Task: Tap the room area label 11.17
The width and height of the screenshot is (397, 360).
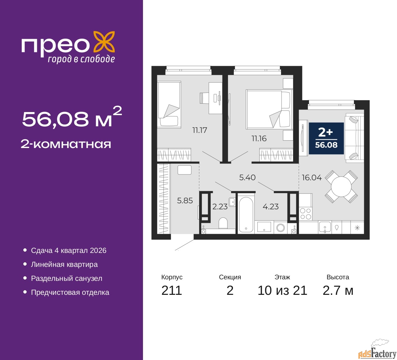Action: point(199,130)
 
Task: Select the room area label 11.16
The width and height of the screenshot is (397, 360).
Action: point(259,138)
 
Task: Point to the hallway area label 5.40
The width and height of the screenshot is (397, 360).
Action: point(247,178)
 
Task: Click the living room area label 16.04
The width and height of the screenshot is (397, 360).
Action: point(312,178)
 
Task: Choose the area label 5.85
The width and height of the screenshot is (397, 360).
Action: point(185,201)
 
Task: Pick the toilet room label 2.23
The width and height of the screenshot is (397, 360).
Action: point(220,207)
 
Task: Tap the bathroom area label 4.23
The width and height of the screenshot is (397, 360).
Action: point(270,207)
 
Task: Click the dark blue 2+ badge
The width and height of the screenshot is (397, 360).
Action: point(326,138)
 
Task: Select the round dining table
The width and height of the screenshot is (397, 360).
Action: point(341,187)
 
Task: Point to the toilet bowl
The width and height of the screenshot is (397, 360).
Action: point(223,223)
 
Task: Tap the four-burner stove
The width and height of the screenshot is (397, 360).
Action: point(306,214)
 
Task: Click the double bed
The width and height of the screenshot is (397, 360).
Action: point(269,109)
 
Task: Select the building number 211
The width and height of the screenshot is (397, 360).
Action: point(172,290)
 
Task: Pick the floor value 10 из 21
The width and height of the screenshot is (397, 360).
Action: point(282,290)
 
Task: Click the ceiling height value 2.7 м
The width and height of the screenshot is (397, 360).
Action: point(338,290)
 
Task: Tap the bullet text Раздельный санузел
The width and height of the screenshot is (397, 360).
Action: point(67,278)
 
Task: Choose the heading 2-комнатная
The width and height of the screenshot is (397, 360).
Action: point(66,144)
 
